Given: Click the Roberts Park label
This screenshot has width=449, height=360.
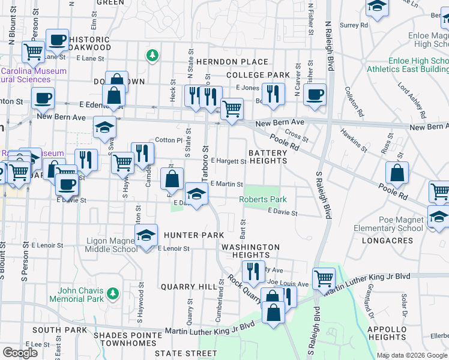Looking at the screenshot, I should pyautogui.click(x=263, y=199).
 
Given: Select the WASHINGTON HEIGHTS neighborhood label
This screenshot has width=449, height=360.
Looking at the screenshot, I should pyautogui.click(x=250, y=251).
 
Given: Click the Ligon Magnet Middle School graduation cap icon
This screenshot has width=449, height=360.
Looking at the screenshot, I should pyautogui.click(x=145, y=236).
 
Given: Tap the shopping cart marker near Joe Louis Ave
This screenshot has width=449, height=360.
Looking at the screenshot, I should pyautogui.click(x=324, y=278).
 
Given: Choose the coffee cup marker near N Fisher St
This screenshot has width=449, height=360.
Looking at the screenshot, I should pyautogui.click(x=315, y=94).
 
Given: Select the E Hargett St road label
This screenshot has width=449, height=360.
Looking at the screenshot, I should pyautogui.click(x=228, y=161).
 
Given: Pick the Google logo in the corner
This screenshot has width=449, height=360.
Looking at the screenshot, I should pyautogui.click(x=20, y=353).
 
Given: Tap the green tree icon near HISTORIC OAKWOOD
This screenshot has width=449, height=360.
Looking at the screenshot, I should pyautogui.click(x=152, y=56).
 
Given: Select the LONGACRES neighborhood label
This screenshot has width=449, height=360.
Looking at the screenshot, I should pyautogui.click(x=388, y=241).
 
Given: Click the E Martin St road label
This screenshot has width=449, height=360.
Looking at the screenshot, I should pyautogui.click(x=226, y=184).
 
